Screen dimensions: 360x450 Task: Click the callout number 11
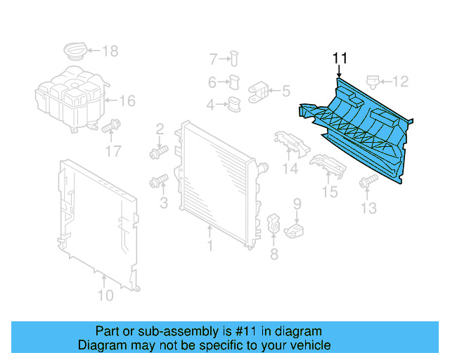[340, 58]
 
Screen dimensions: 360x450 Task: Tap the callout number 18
[110, 51]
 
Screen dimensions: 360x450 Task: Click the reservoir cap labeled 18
[74, 51]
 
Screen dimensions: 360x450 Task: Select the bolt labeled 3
[157, 182]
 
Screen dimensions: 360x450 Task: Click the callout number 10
[105, 295]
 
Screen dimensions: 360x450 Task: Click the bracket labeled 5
[258, 91]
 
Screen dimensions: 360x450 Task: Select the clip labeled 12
[373, 82]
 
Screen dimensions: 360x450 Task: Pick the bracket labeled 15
[327, 166]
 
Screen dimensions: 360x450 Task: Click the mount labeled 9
[295, 230]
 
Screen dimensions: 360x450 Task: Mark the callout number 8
[274, 254]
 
